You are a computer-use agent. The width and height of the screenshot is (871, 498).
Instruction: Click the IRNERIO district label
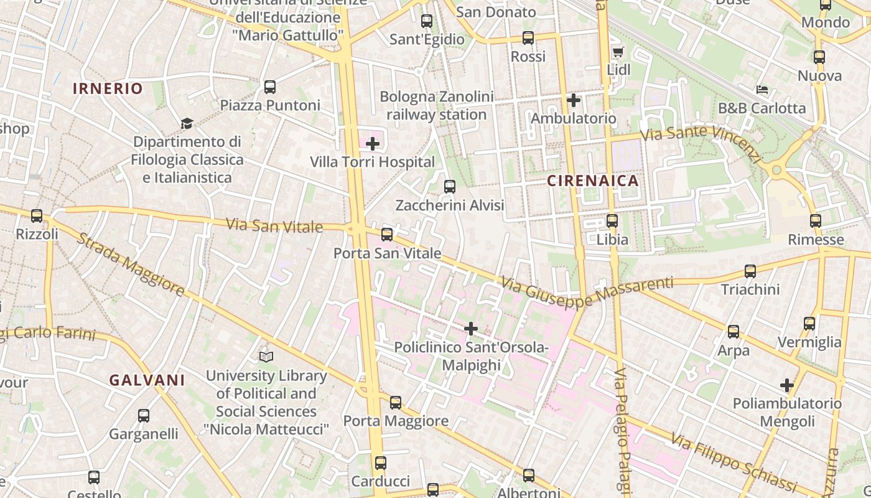[x=108, y=88]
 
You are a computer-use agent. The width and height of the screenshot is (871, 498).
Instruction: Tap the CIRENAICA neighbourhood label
[x=593, y=181]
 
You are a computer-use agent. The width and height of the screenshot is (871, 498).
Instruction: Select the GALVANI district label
[x=147, y=380]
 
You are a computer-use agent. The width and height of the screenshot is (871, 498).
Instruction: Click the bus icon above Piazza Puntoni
[x=269, y=87]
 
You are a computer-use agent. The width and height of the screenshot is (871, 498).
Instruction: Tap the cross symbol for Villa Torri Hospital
[x=372, y=144]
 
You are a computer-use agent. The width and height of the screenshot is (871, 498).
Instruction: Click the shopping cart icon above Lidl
[x=618, y=52]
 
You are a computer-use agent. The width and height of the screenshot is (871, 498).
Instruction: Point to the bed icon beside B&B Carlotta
[x=762, y=90]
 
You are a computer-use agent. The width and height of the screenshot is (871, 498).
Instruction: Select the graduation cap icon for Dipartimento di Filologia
[x=187, y=123]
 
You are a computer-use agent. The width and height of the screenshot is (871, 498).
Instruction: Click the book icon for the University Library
[x=266, y=357]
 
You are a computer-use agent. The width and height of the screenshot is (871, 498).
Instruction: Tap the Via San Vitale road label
[x=274, y=225]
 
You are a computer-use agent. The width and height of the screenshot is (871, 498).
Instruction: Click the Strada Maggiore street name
[x=131, y=264]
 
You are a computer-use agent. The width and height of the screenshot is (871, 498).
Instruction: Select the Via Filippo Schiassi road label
[x=734, y=461]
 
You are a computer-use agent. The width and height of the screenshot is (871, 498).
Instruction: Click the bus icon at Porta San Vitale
[x=387, y=235]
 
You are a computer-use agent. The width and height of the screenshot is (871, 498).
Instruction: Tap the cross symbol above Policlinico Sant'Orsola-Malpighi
[x=471, y=328]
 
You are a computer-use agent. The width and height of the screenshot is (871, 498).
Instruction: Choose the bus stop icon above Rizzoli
[x=37, y=216]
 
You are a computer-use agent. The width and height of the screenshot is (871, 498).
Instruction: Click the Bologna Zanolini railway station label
[x=436, y=106]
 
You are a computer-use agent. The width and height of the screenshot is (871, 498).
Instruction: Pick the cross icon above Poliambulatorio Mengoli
[x=787, y=385]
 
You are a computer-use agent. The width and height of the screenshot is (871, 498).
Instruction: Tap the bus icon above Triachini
[x=750, y=271]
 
